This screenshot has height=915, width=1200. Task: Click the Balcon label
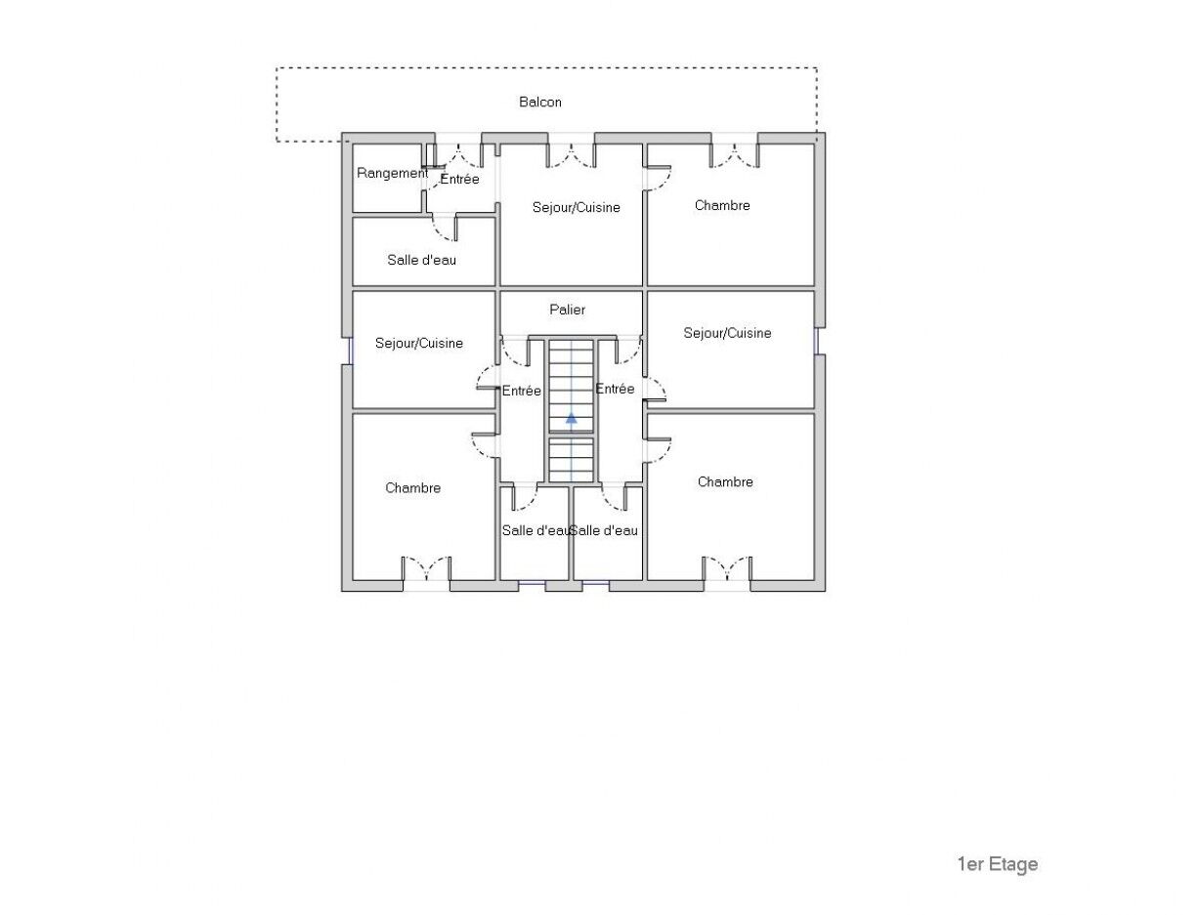pos(539,103)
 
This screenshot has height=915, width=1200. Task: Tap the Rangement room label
pos(392,173)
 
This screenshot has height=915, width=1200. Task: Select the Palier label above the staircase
pos(568,310)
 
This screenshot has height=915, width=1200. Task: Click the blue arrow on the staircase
pos(572,419)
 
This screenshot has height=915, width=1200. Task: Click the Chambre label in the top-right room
pos(722,205)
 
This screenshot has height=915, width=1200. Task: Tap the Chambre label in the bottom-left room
pos(412,488)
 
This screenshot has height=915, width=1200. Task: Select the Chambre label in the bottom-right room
pos(725,481)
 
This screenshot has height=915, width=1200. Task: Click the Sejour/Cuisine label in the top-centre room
pos(577,208)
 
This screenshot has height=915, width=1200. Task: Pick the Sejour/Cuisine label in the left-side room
pos(419,343)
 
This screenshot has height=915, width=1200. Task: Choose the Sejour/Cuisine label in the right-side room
pos(727,333)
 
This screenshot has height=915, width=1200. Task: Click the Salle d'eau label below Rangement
pos(421,260)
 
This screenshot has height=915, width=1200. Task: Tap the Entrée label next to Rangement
pos(460,179)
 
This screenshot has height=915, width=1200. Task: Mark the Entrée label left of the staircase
pos(522,391)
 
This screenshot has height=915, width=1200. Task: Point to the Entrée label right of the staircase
pos(615,389)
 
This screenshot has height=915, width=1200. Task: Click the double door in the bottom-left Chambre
pos(426,568)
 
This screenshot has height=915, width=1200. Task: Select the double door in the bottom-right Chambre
pos(727,568)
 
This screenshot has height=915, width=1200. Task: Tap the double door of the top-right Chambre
pos(735,155)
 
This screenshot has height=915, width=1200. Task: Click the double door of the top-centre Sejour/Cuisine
pos(571,155)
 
